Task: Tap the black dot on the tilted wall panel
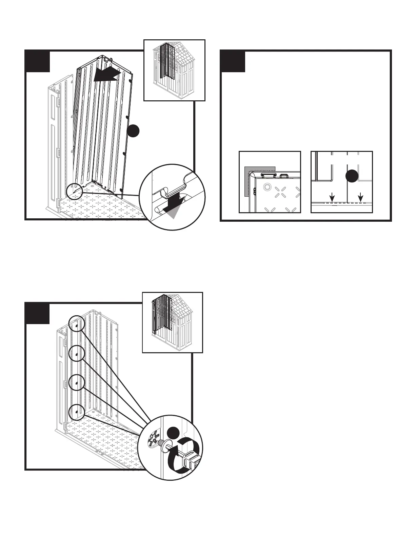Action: [x=134, y=131]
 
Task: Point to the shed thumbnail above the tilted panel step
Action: [x=174, y=70]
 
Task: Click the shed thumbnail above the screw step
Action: [x=172, y=322]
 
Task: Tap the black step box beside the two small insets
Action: [x=233, y=61]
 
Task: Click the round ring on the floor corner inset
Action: [x=267, y=187]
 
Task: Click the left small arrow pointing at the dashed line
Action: [x=332, y=196]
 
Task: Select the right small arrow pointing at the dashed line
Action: [x=360, y=196]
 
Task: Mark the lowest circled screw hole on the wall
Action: [x=76, y=412]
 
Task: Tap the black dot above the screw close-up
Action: [x=173, y=434]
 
